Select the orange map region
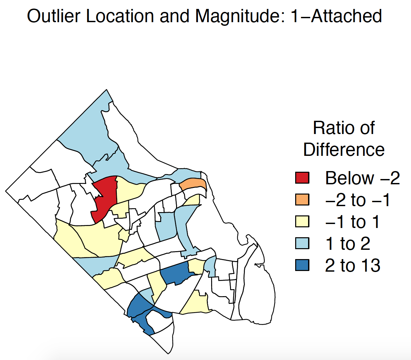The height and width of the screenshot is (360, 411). coord(193,184)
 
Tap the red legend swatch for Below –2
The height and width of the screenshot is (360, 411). coord(302,178)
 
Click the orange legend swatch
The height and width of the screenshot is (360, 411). coord(302,200)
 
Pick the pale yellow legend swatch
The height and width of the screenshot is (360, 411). coord(302,221)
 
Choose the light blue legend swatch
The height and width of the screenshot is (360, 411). coord(302,243)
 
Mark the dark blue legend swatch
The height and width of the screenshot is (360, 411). coord(302,265)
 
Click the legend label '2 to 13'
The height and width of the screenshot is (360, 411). coord(352,265)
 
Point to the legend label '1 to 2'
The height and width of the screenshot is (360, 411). coord(348,244)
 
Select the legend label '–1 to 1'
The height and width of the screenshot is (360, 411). coord(352,222)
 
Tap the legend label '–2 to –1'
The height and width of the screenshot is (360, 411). coord(357,200)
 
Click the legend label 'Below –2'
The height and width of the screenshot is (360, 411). coord(362,178)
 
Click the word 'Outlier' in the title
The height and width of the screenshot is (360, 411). coord(54,16)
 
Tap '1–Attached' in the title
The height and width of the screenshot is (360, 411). coord(336,16)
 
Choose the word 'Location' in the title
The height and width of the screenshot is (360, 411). coord(120,16)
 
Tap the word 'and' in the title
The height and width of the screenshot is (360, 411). coord(174,16)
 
